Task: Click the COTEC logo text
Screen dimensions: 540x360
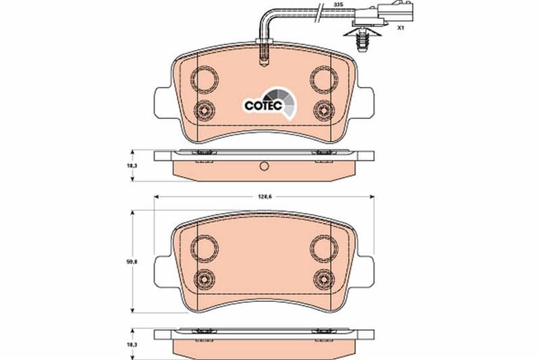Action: tap(263, 105)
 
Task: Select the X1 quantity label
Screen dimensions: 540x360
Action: tap(400, 28)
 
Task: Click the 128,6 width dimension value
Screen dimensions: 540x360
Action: tap(263, 197)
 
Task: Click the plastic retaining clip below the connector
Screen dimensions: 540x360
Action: tap(362, 40)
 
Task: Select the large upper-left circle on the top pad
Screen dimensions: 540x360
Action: tap(205, 80)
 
